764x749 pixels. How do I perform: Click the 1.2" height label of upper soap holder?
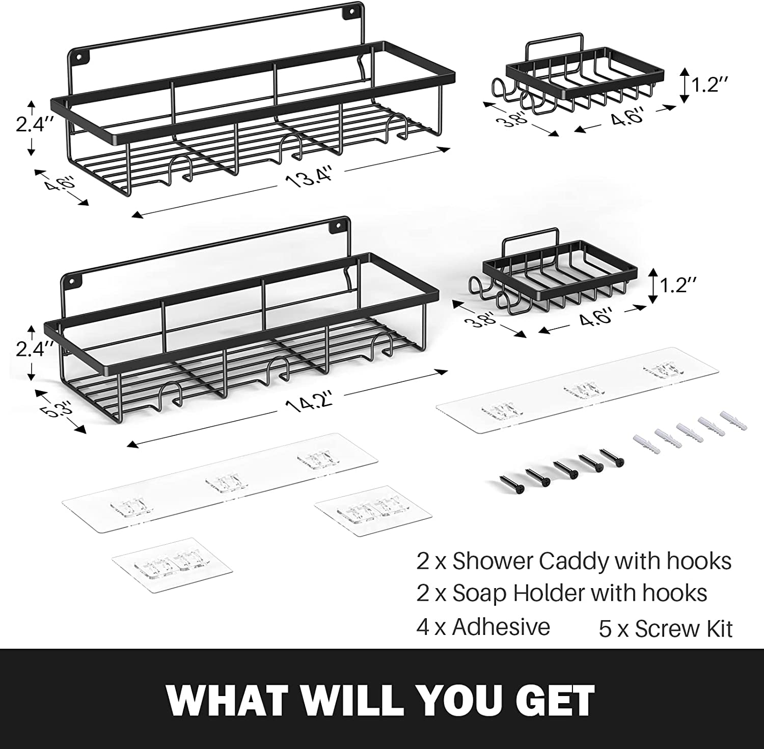708,85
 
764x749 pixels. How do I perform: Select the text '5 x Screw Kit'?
665,629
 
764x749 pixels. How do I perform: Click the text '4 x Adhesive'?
483,627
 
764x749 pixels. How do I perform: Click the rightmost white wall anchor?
733,421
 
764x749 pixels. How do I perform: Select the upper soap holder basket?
586,79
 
